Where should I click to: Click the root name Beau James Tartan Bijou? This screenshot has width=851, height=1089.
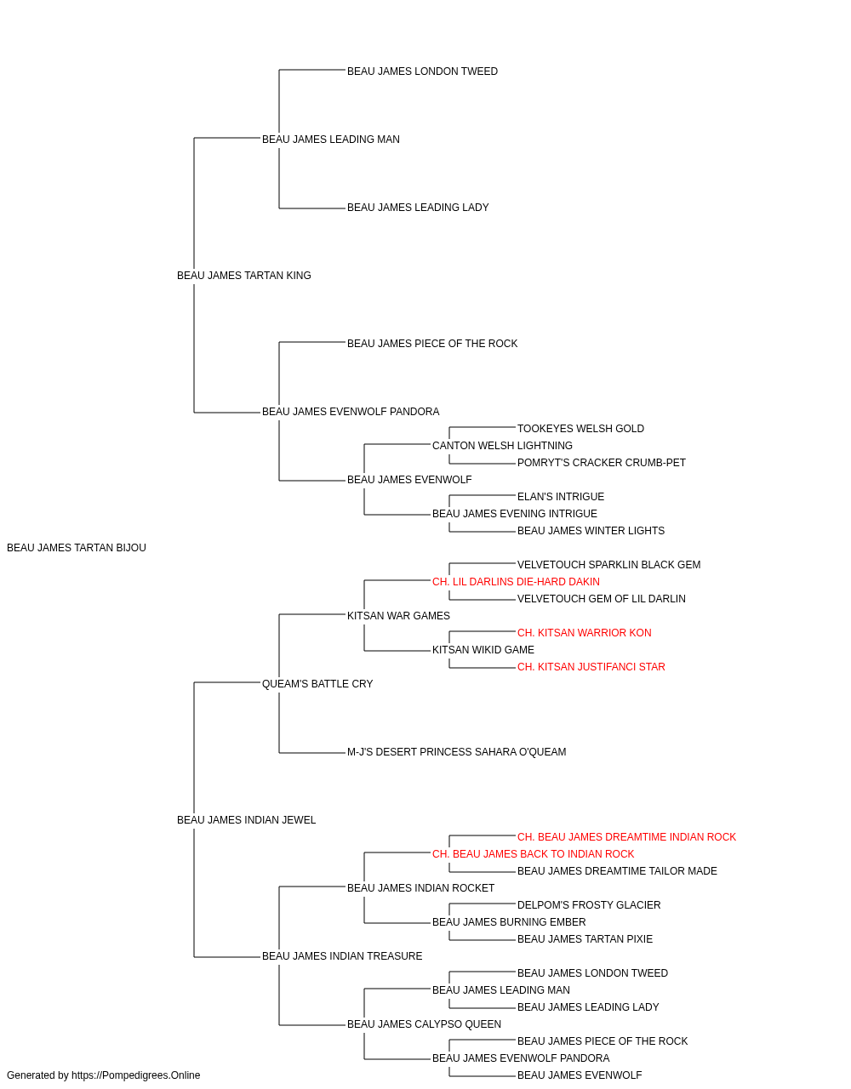point(77,548)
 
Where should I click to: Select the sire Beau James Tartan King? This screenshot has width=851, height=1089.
point(243,276)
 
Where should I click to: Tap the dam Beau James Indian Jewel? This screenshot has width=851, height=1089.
point(246,820)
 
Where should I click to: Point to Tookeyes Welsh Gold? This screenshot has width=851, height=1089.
point(580,429)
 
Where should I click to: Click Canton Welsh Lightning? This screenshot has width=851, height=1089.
point(502,446)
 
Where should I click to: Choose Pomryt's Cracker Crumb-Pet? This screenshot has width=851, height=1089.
point(601,463)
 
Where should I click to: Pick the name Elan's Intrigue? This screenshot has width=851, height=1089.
point(560,497)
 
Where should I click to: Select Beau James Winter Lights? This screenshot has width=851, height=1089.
point(591,531)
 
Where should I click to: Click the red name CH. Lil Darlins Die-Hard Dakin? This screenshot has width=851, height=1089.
point(516,582)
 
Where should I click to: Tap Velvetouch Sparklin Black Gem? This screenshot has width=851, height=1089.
point(608,565)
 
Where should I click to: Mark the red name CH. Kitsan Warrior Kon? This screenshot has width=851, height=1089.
point(584,633)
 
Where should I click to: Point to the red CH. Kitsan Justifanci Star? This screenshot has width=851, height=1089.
point(591,667)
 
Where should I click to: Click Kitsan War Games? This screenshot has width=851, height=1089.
point(398,616)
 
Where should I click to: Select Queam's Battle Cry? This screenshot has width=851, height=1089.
point(317,684)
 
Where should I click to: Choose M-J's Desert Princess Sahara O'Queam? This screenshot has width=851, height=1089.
point(456,752)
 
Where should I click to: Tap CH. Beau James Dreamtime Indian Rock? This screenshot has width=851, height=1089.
point(626,837)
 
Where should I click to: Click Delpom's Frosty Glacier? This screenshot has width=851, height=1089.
point(588,905)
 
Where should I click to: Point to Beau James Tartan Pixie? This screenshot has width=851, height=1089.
point(585,939)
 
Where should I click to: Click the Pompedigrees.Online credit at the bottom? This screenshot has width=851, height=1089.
point(103,1075)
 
